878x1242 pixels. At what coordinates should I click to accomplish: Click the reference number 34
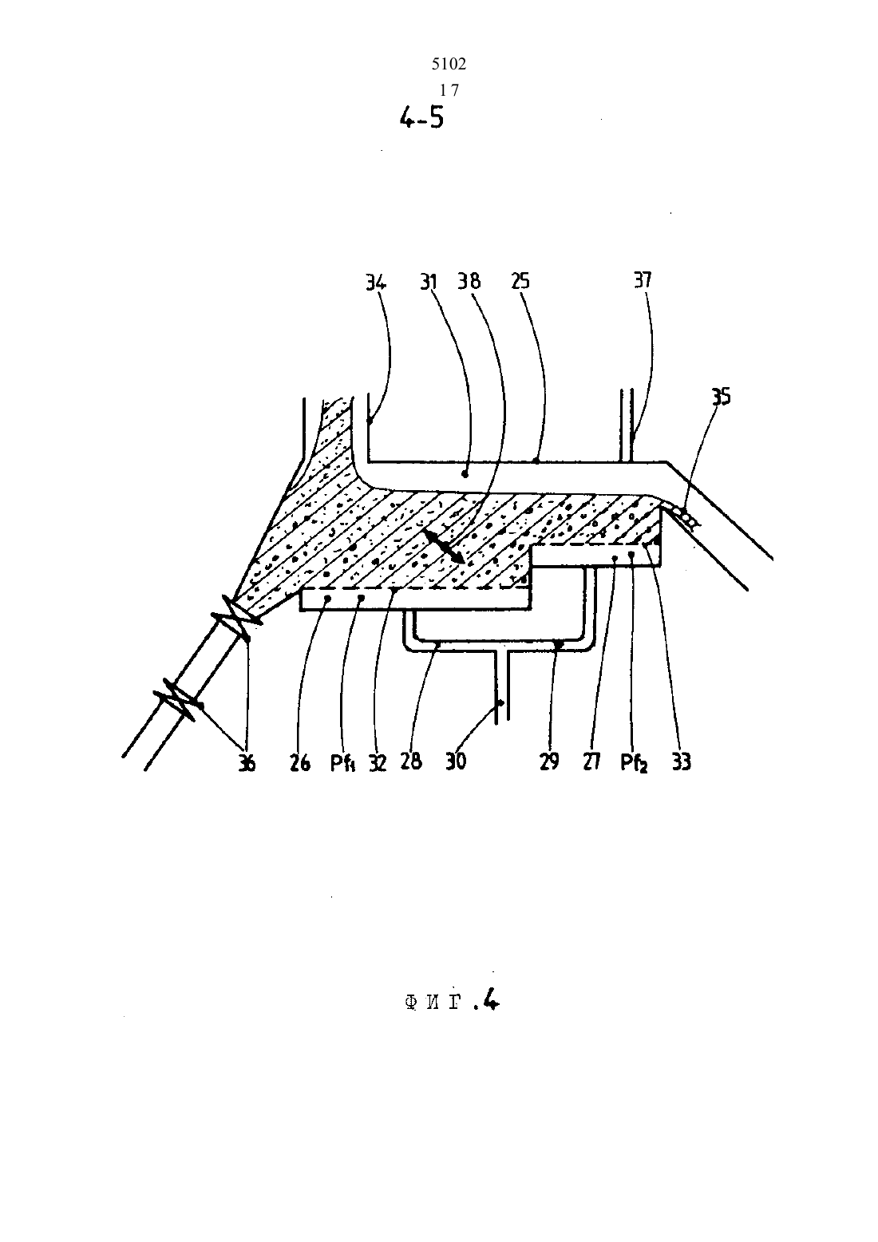(x=376, y=283)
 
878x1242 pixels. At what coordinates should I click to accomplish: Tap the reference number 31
(x=428, y=283)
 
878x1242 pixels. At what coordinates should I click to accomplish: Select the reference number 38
(x=469, y=281)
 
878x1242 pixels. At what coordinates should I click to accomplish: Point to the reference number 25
(x=520, y=281)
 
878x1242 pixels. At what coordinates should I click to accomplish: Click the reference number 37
(x=643, y=280)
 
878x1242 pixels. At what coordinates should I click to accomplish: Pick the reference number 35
(x=721, y=397)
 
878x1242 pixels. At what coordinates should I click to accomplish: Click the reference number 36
(x=247, y=764)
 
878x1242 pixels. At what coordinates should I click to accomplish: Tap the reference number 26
(x=299, y=763)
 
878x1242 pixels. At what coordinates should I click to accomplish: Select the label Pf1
(x=342, y=764)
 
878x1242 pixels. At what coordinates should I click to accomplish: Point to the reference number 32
(x=378, y=763)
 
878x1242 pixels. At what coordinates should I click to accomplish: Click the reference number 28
(x=411, y=761)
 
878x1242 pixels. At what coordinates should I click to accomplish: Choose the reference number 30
(x=456, y=761)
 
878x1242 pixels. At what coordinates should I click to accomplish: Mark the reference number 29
(x=549, y=761)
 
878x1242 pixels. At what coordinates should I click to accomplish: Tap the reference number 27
(x=591, y=761)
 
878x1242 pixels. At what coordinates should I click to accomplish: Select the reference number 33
(x=681, y=762)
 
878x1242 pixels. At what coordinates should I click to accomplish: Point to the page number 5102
(x=449, y=65)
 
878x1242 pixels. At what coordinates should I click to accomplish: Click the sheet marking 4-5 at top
(x=421, y=117)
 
